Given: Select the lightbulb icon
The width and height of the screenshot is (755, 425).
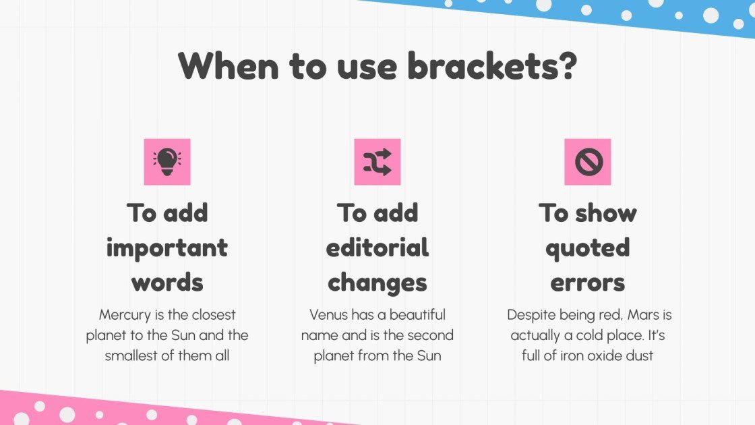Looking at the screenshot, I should pyautogui.click(x=167, y=162).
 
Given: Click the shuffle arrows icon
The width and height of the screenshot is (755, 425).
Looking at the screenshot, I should pyautogui.click(x=377, y=162).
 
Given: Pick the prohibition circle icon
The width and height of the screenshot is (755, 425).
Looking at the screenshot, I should pyautogui.click(x=588, y=162).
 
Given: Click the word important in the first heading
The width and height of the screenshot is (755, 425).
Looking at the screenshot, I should pyautogui.click(x=167, y=248).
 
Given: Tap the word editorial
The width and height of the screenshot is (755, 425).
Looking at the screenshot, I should pyautogui.click(x=377, y=248).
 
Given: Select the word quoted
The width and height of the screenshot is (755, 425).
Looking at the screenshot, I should pyautogui.click(x=588, y=248).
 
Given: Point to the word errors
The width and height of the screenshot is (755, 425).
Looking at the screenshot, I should pyautogui.click(x=588, y=282).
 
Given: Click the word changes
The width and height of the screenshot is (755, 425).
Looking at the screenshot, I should pyautogui.click(x=377, y=282).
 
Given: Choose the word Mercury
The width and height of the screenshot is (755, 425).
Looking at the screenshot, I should pyautogui.click(x=124, y=315).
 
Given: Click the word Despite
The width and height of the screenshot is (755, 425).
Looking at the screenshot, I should pyautogui.click(x=531, y=315).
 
